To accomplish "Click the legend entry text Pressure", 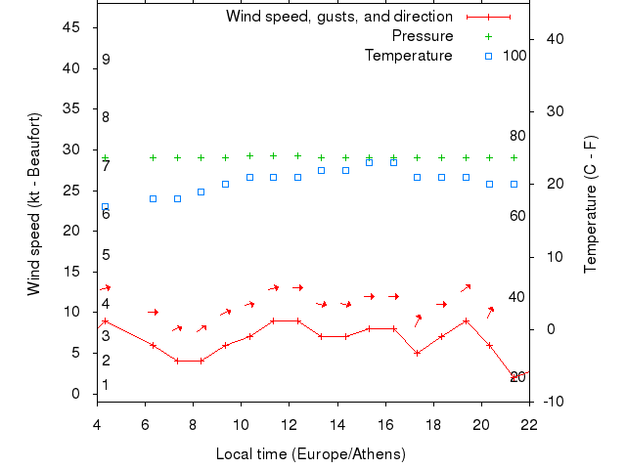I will point(422,36).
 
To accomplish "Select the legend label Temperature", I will point(408,56).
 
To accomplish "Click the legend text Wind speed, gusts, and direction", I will point(338,17).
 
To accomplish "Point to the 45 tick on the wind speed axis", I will point(71,27).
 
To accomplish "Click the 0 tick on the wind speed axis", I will point(76,394).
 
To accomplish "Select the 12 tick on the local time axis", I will point(289,424).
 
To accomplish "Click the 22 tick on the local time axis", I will point(529,424).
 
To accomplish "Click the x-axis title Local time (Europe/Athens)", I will point(311,454).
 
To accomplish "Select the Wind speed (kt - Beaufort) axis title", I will point(34,204).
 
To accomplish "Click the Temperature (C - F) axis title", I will point(591,204).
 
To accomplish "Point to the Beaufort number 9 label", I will point(106,60).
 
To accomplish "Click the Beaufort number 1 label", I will point(106,385).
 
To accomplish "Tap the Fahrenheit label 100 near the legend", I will point(514,56).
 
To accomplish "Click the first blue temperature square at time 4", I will point(105,207).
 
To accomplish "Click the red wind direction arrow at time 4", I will point(105,288).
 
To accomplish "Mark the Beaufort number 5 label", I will point(106,255).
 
